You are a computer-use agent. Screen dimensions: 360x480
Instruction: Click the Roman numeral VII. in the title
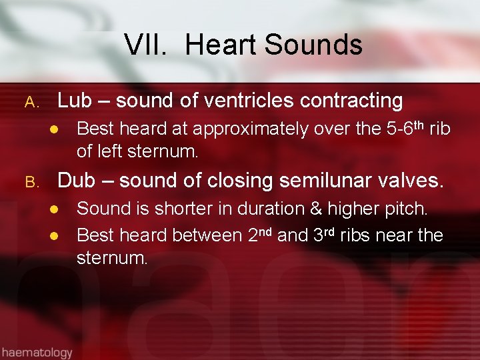tap(149, 45)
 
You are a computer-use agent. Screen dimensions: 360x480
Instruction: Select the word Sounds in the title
tap(313, 45)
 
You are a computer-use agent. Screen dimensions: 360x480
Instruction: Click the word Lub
tap(74, 101)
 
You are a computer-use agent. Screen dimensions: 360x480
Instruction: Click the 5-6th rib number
tap(405, 127)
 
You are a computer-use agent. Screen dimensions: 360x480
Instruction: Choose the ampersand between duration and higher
tap(315, 209)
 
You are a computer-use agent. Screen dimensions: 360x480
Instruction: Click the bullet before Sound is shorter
tap(57, 209)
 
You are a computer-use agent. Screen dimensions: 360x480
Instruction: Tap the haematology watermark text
tap(37, 351)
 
